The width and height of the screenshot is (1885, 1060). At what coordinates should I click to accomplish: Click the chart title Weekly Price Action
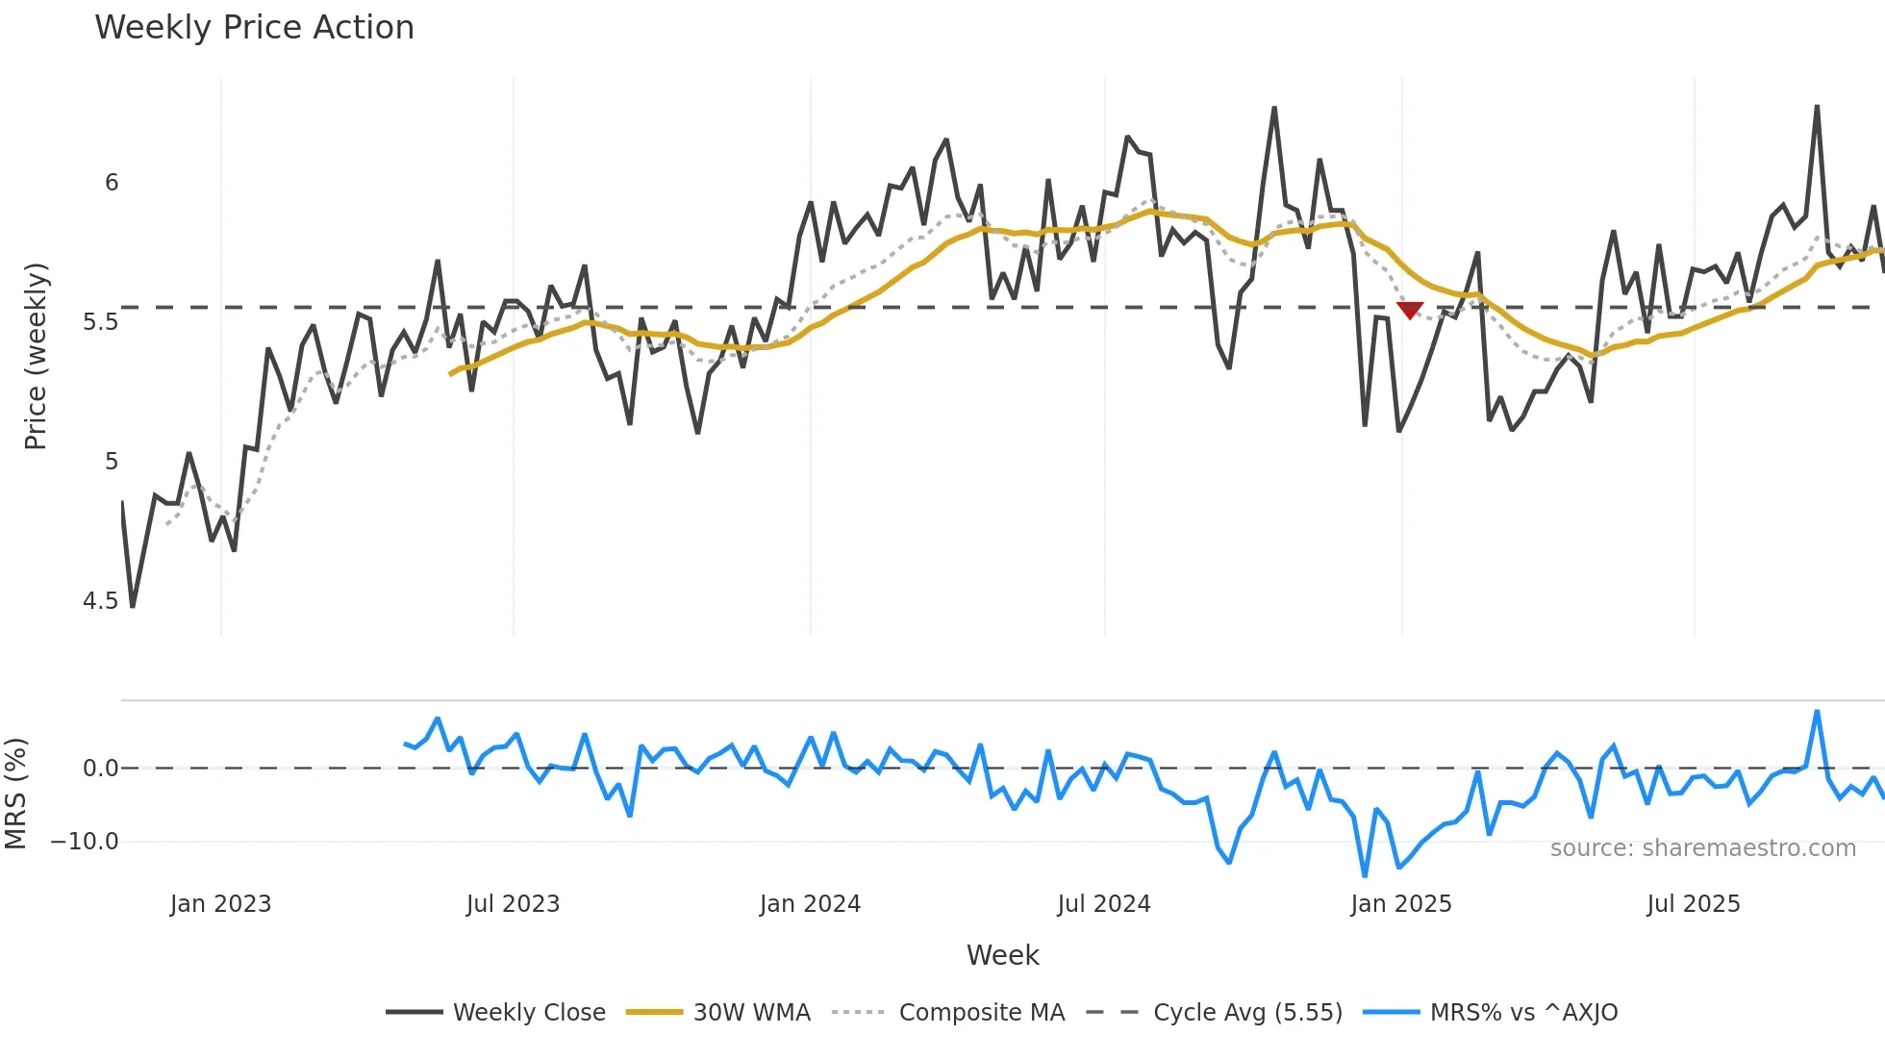pos(254,28)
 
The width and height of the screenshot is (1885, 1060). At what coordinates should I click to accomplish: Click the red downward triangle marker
pos(1410,310)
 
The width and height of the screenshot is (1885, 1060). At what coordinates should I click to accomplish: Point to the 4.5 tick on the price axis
pos(100,601)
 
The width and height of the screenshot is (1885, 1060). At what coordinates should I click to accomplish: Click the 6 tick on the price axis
pos(112,183)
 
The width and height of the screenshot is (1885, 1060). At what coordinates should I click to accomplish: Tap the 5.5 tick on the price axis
pos(100,322)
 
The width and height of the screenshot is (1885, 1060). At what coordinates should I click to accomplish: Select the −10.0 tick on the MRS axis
pos(85,842)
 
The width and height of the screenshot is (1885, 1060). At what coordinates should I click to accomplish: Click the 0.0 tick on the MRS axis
pos(100,769)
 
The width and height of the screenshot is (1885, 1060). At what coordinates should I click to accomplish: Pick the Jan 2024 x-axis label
pos(810,904)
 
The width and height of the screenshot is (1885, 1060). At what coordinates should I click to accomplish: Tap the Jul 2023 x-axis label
pos(513,904)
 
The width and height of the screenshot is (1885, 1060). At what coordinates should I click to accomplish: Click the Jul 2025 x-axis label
pos(1694,904)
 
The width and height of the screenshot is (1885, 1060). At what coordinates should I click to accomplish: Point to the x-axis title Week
pos(1002,955)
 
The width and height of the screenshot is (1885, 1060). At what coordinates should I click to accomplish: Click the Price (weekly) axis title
pos(36,356)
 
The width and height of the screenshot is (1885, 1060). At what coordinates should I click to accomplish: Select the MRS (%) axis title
pos(15,794)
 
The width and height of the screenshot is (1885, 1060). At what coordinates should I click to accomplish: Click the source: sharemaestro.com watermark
pos(1702,848)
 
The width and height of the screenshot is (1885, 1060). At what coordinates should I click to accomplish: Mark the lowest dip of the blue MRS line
pos(1365,874)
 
